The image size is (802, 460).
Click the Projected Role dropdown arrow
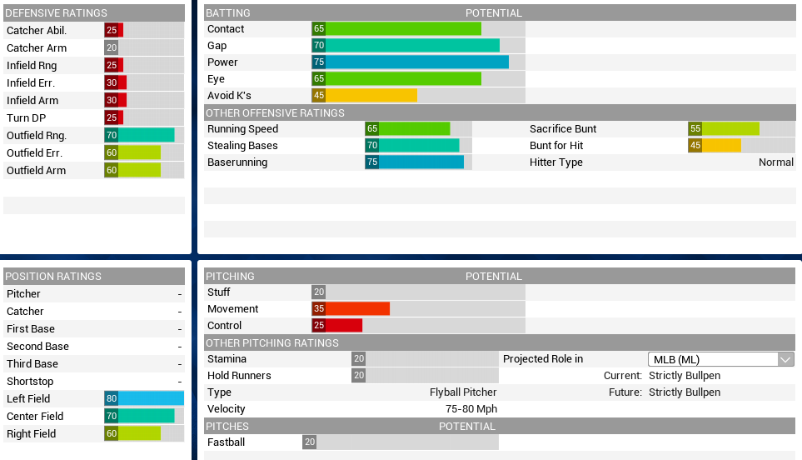[x=785, y=359]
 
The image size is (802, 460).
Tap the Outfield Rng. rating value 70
[x=111, y=136]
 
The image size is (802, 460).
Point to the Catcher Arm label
[x=37, y=48]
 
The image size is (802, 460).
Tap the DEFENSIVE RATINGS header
[x=57, y=13]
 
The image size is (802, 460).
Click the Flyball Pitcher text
[x=463, y=392]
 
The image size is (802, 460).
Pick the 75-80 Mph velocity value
[x=471, y=409]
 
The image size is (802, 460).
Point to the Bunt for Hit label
[x=556, y=146]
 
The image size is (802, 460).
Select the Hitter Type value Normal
[x=775, y=162]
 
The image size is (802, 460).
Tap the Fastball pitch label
[x=226, y=442]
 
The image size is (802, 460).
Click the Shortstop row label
[x=30, y=382]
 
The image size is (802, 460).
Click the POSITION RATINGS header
[x=53, y=277]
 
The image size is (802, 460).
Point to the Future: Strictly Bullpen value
[x=685, y=392]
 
